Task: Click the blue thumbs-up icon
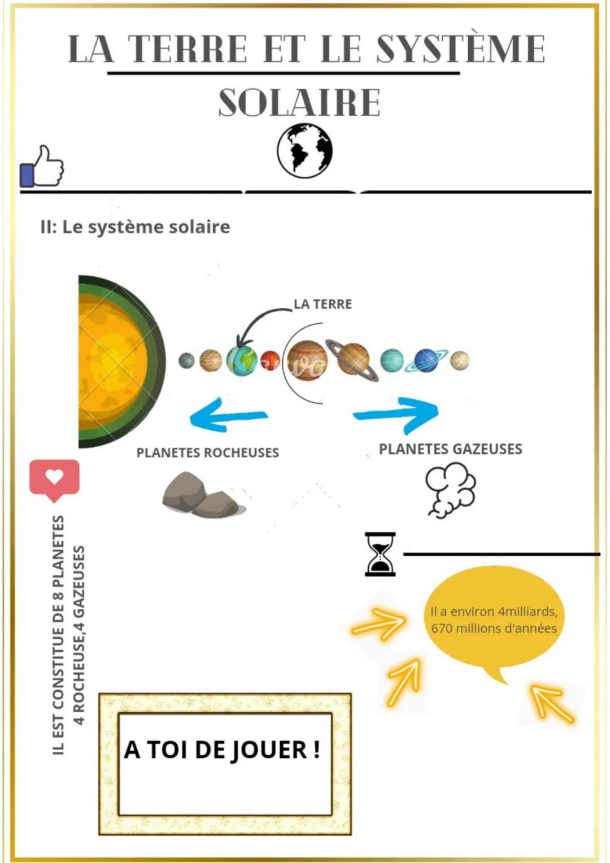coord(42,167)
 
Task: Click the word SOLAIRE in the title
coord(299,103)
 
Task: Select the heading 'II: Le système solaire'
coord(136,227)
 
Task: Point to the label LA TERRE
coord(323,304)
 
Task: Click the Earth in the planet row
coord(242,361)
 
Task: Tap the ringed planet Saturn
coord(353,360)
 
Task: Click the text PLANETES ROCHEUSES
coord(207,452)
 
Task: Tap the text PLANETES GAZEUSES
coord(450,449)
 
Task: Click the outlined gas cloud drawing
coord(450,489)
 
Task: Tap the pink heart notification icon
coord(54,479)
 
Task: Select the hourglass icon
coord(380,554)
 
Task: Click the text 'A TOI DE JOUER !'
coord(223,750)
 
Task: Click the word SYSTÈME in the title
coord(460,49)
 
